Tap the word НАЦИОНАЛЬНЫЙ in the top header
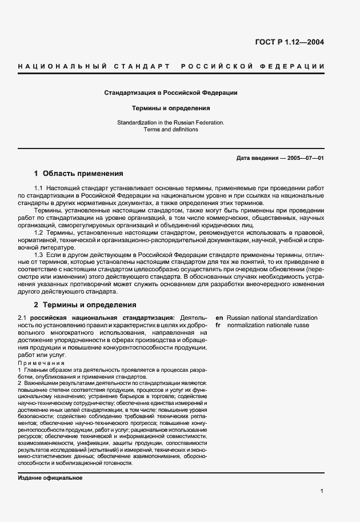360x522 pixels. click(x=63, y=67)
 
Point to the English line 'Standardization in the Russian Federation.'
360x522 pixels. click(x=171, y=122)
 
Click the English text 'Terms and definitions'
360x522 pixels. click(x=171, y=130)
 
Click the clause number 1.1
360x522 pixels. click(x=39, y=188)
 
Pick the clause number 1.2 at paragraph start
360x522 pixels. click(x=39, y=232)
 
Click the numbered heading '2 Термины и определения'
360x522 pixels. click(x=85, y=304)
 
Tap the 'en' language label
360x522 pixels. click(x=219, y=317)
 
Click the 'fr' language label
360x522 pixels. click(x=218, y=325)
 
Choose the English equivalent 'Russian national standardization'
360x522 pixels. click(x=272, y=317)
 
